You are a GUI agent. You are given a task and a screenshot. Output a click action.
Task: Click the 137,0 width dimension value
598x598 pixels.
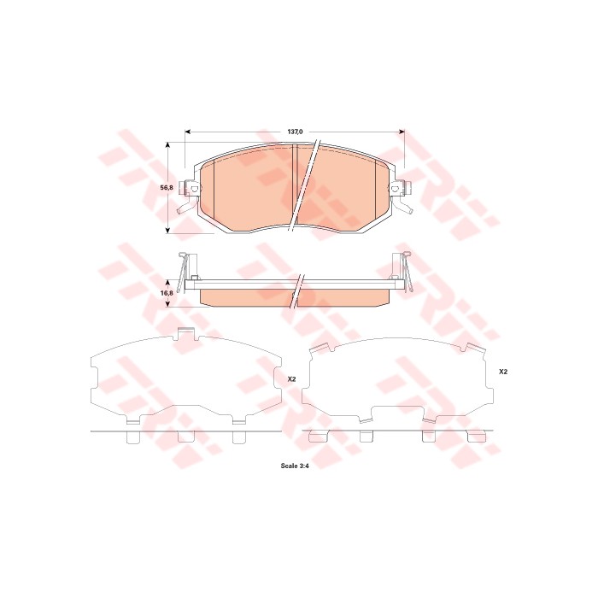coord(295,132)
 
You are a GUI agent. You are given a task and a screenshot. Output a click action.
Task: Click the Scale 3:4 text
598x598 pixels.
coord(295,466)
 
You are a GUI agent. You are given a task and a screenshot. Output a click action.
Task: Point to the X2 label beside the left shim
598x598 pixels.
coord(291,378)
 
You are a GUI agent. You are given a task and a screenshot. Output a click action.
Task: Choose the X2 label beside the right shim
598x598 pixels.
coord(503,372)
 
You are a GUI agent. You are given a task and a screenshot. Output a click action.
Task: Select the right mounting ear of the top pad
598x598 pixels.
coord(397,190)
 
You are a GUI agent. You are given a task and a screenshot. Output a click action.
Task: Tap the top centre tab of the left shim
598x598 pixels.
coord(185,334)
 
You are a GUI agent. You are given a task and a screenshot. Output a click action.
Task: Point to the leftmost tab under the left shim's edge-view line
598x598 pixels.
coord(132,437)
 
